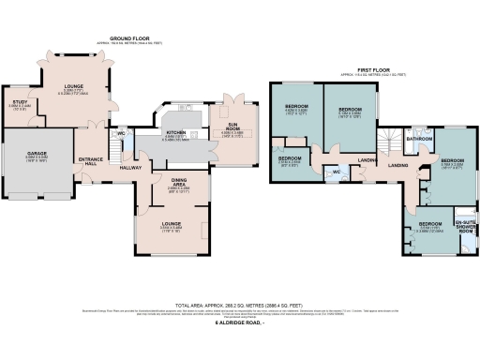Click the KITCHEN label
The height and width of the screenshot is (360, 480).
[176, 133]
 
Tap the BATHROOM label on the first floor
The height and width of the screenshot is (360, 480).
[420, 139]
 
